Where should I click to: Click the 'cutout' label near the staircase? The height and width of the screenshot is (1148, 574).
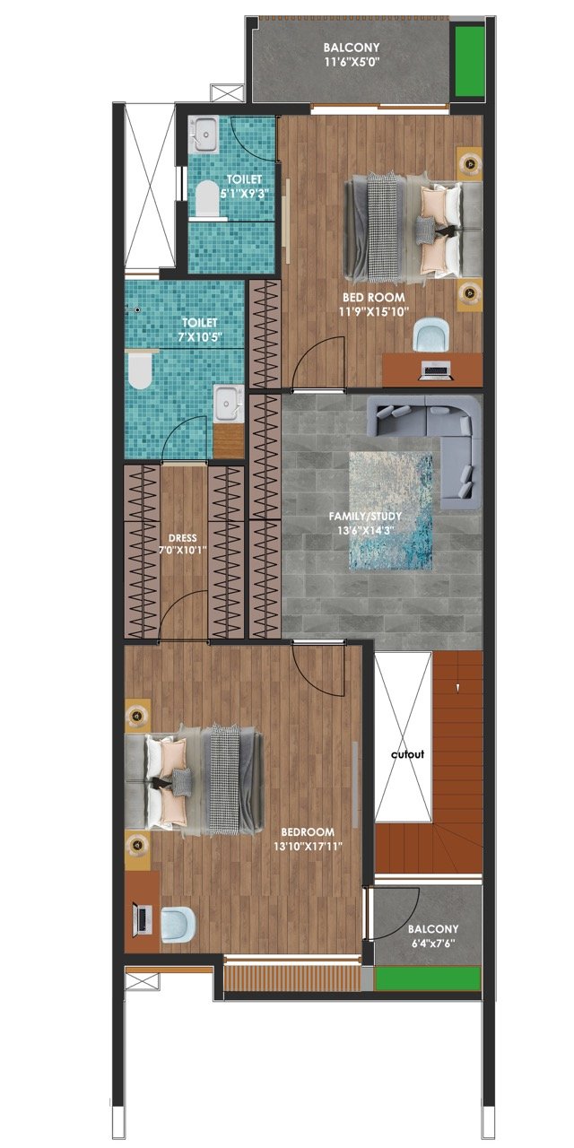click(407, 754)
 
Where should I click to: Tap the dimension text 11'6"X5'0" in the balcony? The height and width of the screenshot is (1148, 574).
click(352, 62)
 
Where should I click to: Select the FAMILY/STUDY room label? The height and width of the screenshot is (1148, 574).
click(365, 516)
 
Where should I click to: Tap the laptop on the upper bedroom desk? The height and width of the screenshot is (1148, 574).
click(436, 370)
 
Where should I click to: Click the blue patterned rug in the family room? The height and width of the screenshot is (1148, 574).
click(390, 511)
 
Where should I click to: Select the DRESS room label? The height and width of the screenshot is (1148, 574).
click(182, 538)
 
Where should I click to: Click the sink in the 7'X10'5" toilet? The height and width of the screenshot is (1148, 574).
click(228, 404)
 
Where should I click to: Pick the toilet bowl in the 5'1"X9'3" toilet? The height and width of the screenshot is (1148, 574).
click(207, 197)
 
